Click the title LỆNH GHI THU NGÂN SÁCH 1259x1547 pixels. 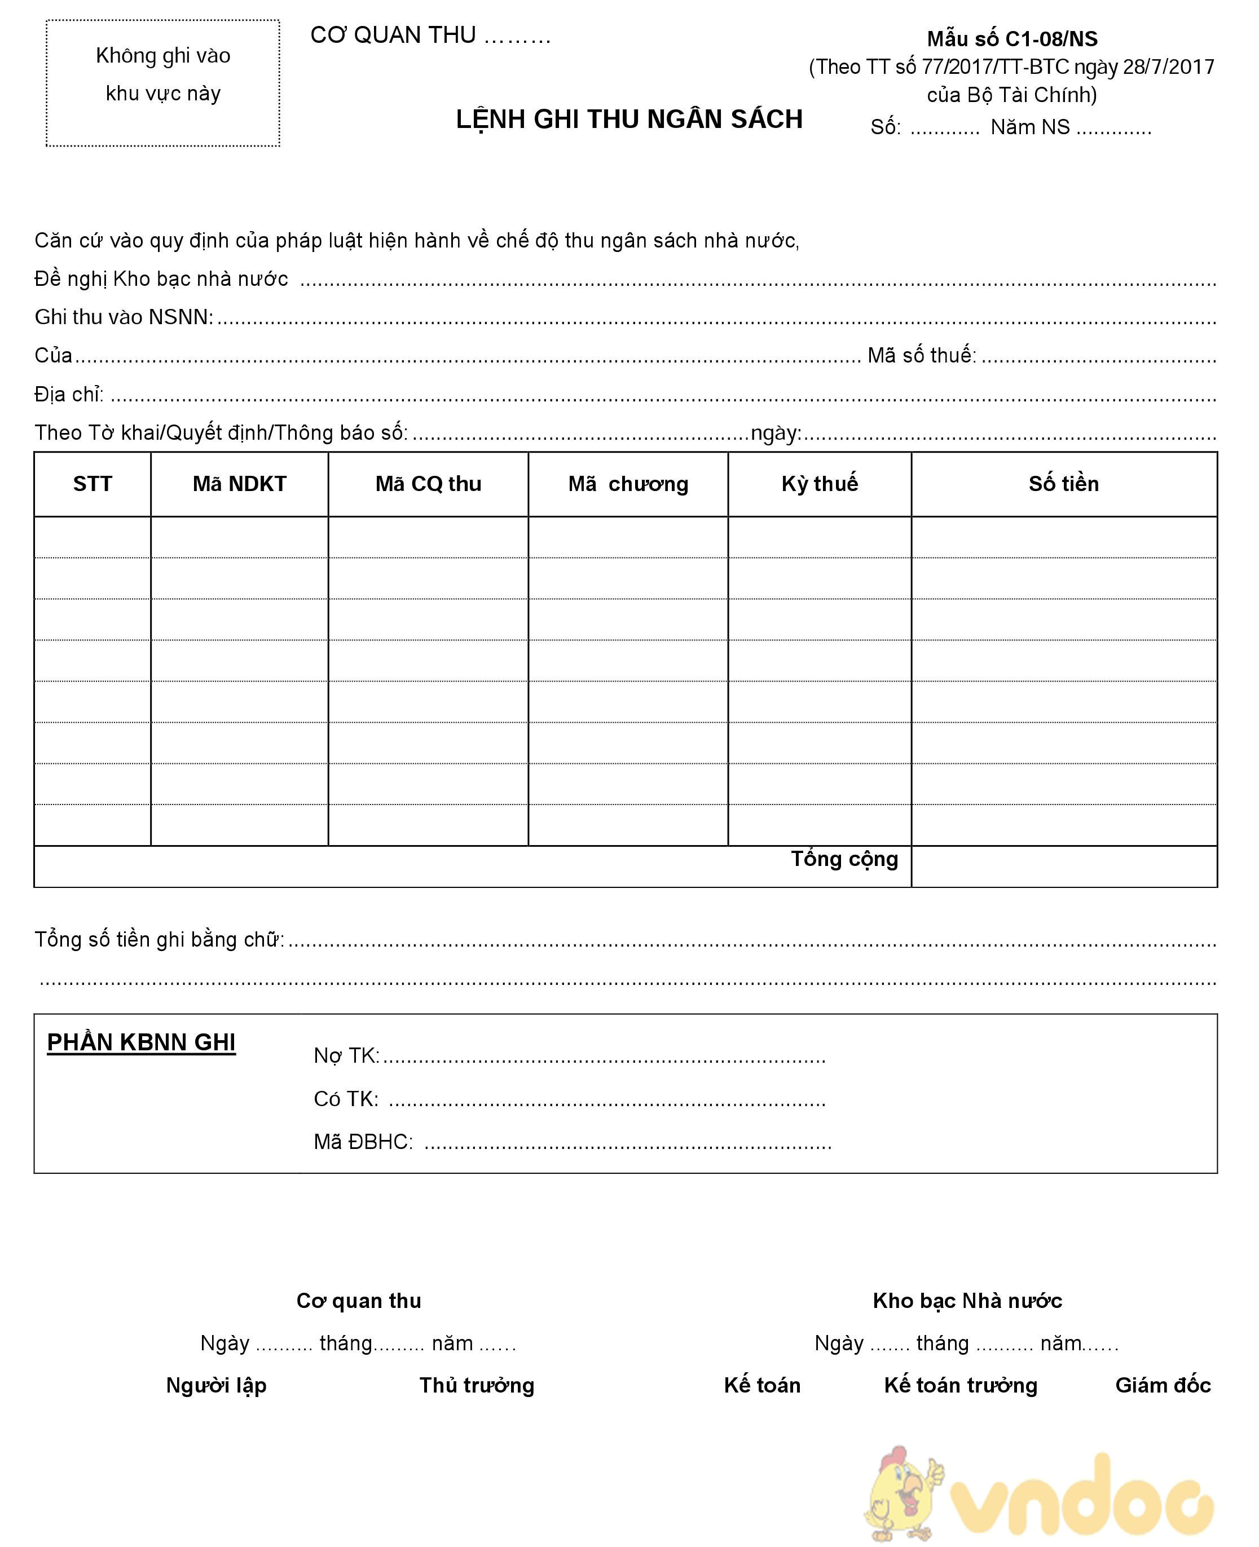629,120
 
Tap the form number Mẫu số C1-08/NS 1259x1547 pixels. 1012,39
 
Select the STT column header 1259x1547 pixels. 93,484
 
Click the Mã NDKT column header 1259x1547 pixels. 239,484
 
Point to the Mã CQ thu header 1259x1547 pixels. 428,484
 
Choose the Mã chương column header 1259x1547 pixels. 628,484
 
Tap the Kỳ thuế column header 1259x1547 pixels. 820,484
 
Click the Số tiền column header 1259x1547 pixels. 1063,484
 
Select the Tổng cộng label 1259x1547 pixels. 844,859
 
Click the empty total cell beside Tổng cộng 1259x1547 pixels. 1063,867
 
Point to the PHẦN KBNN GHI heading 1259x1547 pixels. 142,1042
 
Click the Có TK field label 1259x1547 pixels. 346,1099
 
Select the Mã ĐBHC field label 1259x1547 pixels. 363,1142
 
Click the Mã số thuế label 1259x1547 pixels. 922,355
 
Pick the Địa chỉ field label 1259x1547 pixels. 69,395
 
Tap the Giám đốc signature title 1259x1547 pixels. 1163,1385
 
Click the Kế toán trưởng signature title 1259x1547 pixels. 960,1385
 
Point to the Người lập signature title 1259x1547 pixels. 216,1385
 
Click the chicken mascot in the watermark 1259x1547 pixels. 904,1493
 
